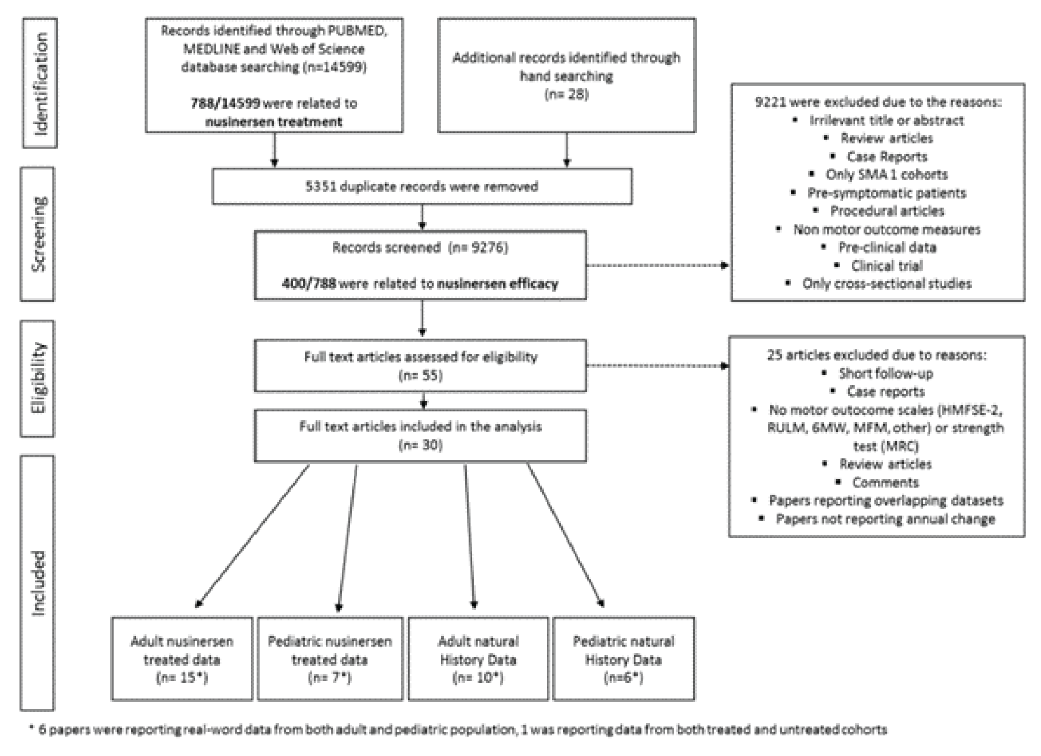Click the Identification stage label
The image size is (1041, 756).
[x=40, y=83]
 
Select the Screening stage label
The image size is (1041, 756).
[x=39, y=234]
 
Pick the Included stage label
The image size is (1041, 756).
[x=38, y=583]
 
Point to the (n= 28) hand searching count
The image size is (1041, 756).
[x=566, y=94]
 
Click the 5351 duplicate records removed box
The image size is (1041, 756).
[x=422, y=186]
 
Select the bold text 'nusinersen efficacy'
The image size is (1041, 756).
[x=497, y=283]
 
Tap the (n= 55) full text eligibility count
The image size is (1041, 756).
[x=420, y=375]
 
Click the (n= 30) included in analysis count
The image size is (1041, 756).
[x=420, y=445]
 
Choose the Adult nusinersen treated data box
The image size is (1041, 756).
[x=182, y=658]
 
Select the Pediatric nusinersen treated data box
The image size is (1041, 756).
[x=330, y=658]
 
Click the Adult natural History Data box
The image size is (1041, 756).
[x=478, y=658]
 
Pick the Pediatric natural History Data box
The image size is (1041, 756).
[x=623, y=658]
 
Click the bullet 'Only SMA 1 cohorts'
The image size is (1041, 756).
[x=886, y=175]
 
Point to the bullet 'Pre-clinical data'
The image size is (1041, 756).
[x=887, y=247]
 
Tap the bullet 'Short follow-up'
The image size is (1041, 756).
[x=885, y=373]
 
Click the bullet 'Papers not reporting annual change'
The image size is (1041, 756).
[x=885, y=519]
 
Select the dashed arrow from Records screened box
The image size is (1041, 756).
[x=657, y=265]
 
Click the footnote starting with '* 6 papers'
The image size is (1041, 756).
[x=457, y=729]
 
